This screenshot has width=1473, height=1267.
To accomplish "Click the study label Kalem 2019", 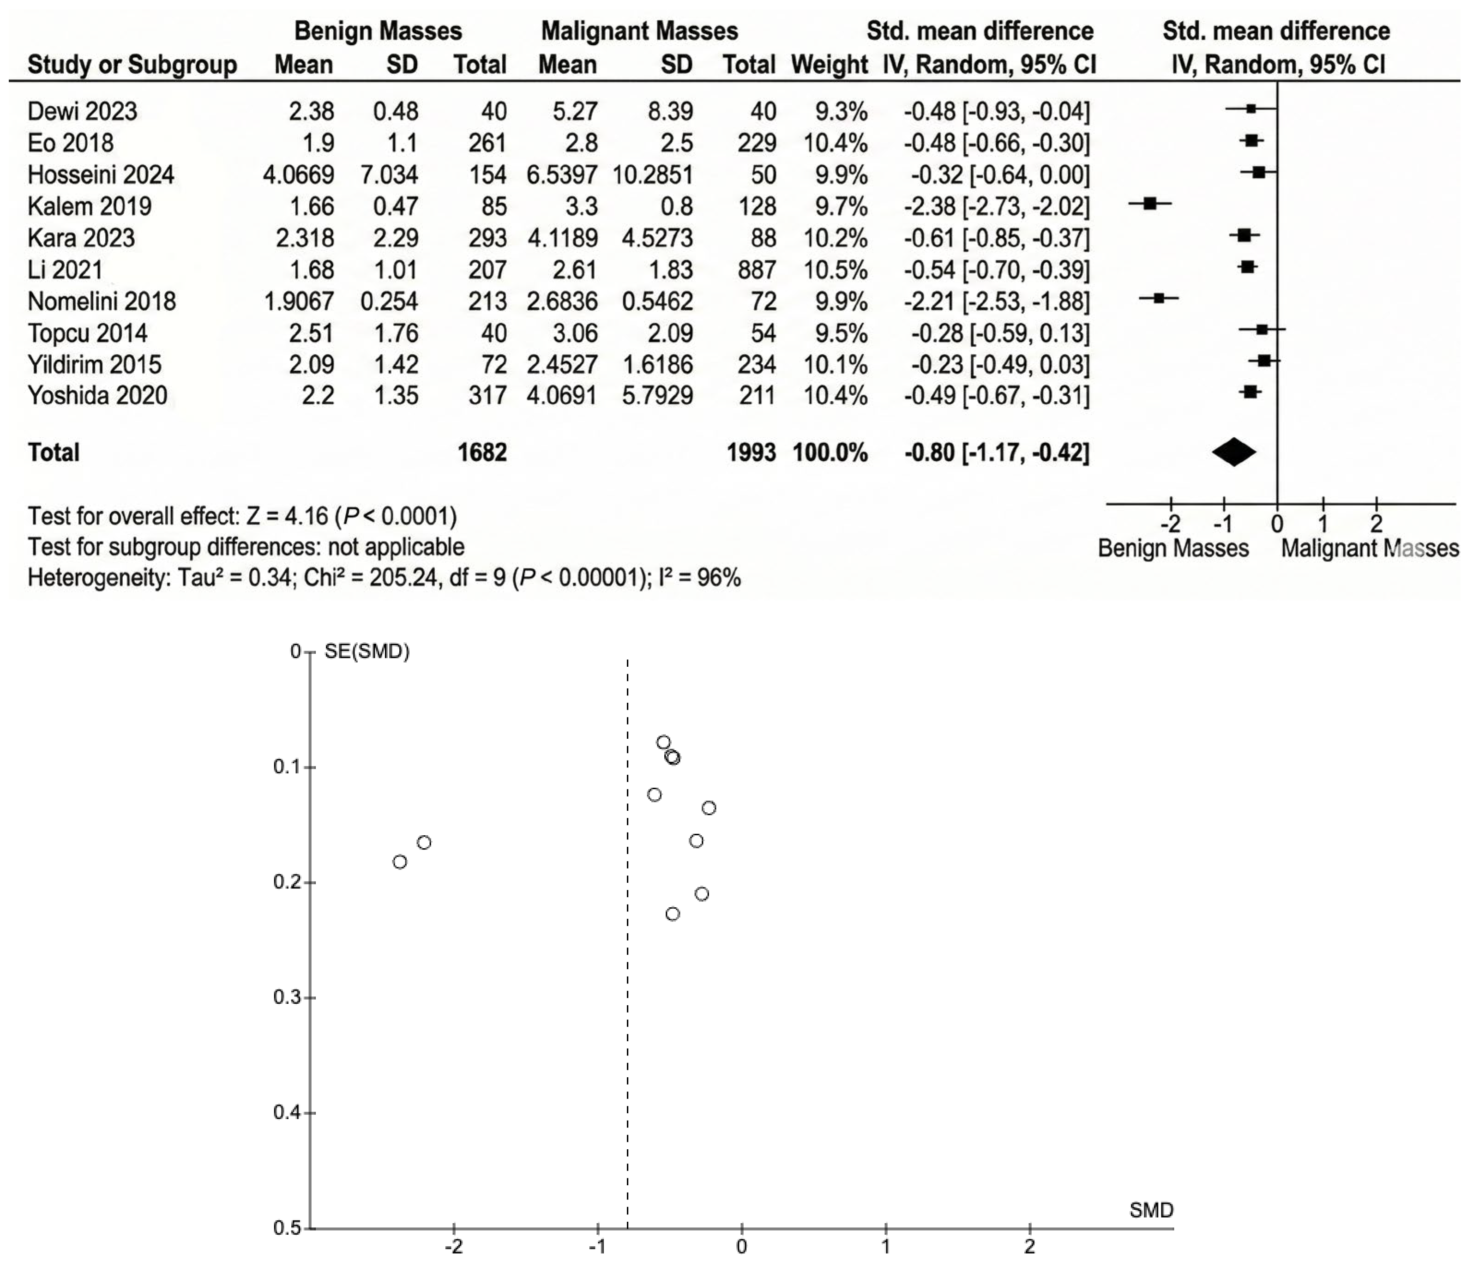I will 90,206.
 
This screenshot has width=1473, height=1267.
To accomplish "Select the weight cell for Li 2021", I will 836,270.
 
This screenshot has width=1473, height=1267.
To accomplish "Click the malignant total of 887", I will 757,270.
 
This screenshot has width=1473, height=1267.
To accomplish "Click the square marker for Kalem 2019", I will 1149,204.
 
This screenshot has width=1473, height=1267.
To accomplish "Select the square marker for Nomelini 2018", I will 1159,299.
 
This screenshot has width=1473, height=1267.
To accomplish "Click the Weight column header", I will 829,65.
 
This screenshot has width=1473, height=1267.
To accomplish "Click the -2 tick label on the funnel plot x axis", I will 454,1246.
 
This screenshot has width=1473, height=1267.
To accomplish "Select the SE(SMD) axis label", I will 367,651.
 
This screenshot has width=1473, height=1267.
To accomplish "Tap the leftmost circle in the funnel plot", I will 400,862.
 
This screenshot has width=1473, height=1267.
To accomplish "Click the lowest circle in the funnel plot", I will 673,914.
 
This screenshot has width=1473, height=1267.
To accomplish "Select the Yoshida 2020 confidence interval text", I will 996,395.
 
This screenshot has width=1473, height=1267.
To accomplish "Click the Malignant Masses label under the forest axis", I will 1369,548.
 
